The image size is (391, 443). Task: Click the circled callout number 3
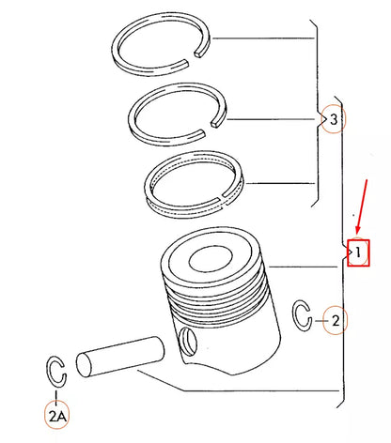click(332, 119)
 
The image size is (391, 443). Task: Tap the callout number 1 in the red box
click(358, 252)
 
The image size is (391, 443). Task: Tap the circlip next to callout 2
click(303, 316)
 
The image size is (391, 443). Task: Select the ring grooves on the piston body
click(216, 300)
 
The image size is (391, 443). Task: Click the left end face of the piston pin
click(84, 361)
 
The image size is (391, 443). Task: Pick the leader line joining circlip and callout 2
click(319, 321)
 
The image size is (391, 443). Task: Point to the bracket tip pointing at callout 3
click(321, 119)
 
